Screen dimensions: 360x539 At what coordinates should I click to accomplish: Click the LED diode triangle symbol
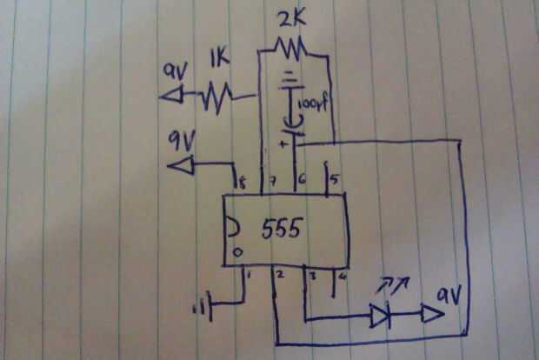[x=380, y=316]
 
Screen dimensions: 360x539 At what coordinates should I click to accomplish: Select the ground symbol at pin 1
[x=210, y=306]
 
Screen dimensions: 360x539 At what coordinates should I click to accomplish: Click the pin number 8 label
[x=242, y=183]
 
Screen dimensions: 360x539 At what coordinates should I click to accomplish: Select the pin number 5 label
[x=336, y=181]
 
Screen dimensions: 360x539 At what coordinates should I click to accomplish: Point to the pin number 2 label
[x=280, y=277]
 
